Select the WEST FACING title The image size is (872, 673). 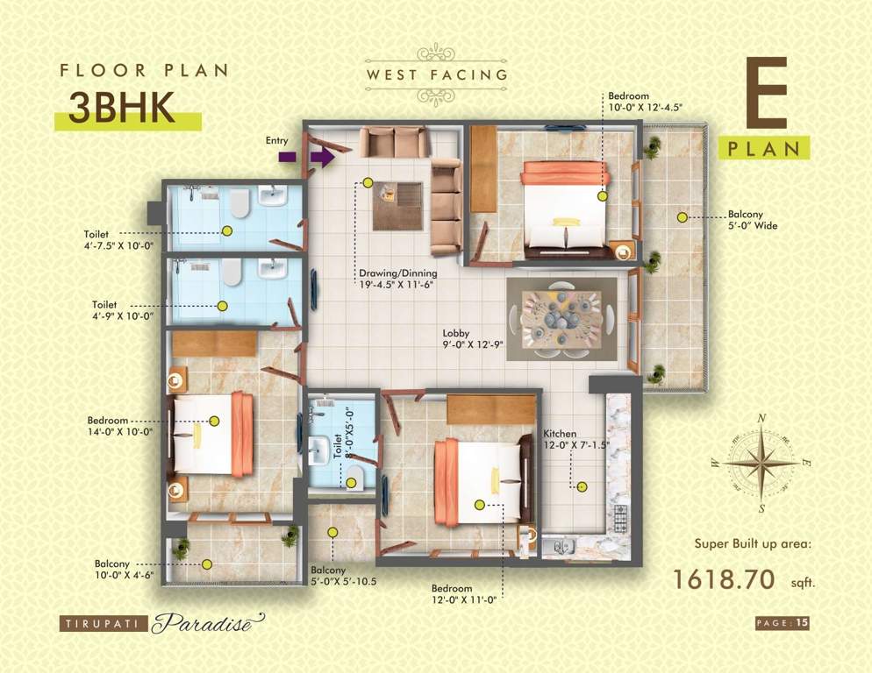[437, 74]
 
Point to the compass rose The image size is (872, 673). [759, 463]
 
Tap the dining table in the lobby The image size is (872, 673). [561, 317]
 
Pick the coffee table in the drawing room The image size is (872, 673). [397, 205]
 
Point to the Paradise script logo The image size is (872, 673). [207, 625]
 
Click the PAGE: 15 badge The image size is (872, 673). [782, 623]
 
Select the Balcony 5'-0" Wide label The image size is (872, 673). [752, 220]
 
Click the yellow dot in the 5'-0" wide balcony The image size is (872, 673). [680, 215]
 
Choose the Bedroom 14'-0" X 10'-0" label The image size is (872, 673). [119, 426]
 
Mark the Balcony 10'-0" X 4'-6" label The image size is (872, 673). [124, 570]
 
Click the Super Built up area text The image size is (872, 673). [753, 543]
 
